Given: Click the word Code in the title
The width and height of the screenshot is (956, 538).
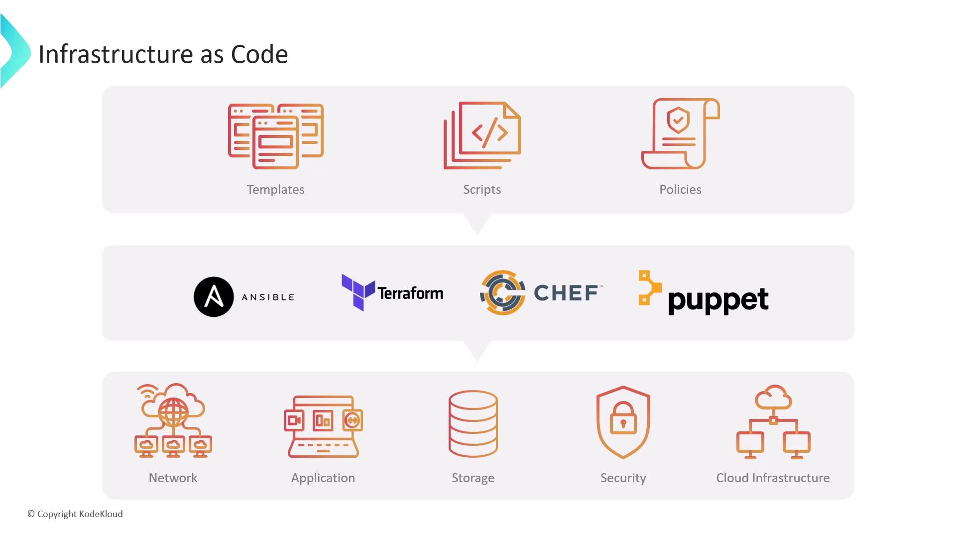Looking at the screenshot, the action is [x=259, y=54].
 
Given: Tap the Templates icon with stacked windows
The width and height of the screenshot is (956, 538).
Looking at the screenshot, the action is [x=276, y=136].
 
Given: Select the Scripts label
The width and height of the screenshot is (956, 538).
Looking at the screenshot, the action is [x=482, y=190].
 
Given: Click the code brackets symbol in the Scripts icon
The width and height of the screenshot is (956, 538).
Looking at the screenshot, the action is [x=490, y=133].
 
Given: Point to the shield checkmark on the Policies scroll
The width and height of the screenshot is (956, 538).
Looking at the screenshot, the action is [x=678, y=120].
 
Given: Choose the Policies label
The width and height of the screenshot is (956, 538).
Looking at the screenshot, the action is [x=680, y=189].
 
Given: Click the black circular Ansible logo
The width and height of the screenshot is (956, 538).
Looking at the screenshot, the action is [x=214, y=297].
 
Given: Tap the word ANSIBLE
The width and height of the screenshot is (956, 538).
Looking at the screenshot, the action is [x=268, y=297].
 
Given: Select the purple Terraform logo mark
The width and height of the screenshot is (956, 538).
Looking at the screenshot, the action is [x=358, y=292].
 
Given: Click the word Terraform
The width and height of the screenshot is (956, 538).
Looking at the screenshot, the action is [x=410, y=293].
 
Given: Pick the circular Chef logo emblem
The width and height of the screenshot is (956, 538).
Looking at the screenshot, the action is [x=502, y=292].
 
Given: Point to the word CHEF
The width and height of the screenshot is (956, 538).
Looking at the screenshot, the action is [x=566, y=293].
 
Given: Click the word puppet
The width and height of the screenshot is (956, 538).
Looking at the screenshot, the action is [x=718, y=300].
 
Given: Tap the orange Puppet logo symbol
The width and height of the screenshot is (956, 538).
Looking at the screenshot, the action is [x=650, y=287].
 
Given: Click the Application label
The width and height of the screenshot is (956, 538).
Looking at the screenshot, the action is [x=323, y=478].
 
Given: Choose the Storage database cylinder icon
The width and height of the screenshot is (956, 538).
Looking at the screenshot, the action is [x=473, y=424].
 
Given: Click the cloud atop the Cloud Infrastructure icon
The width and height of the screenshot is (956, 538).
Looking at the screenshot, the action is [x=773, y=397].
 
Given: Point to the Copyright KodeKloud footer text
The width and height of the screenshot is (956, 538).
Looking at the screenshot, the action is [x=75, y=514].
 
